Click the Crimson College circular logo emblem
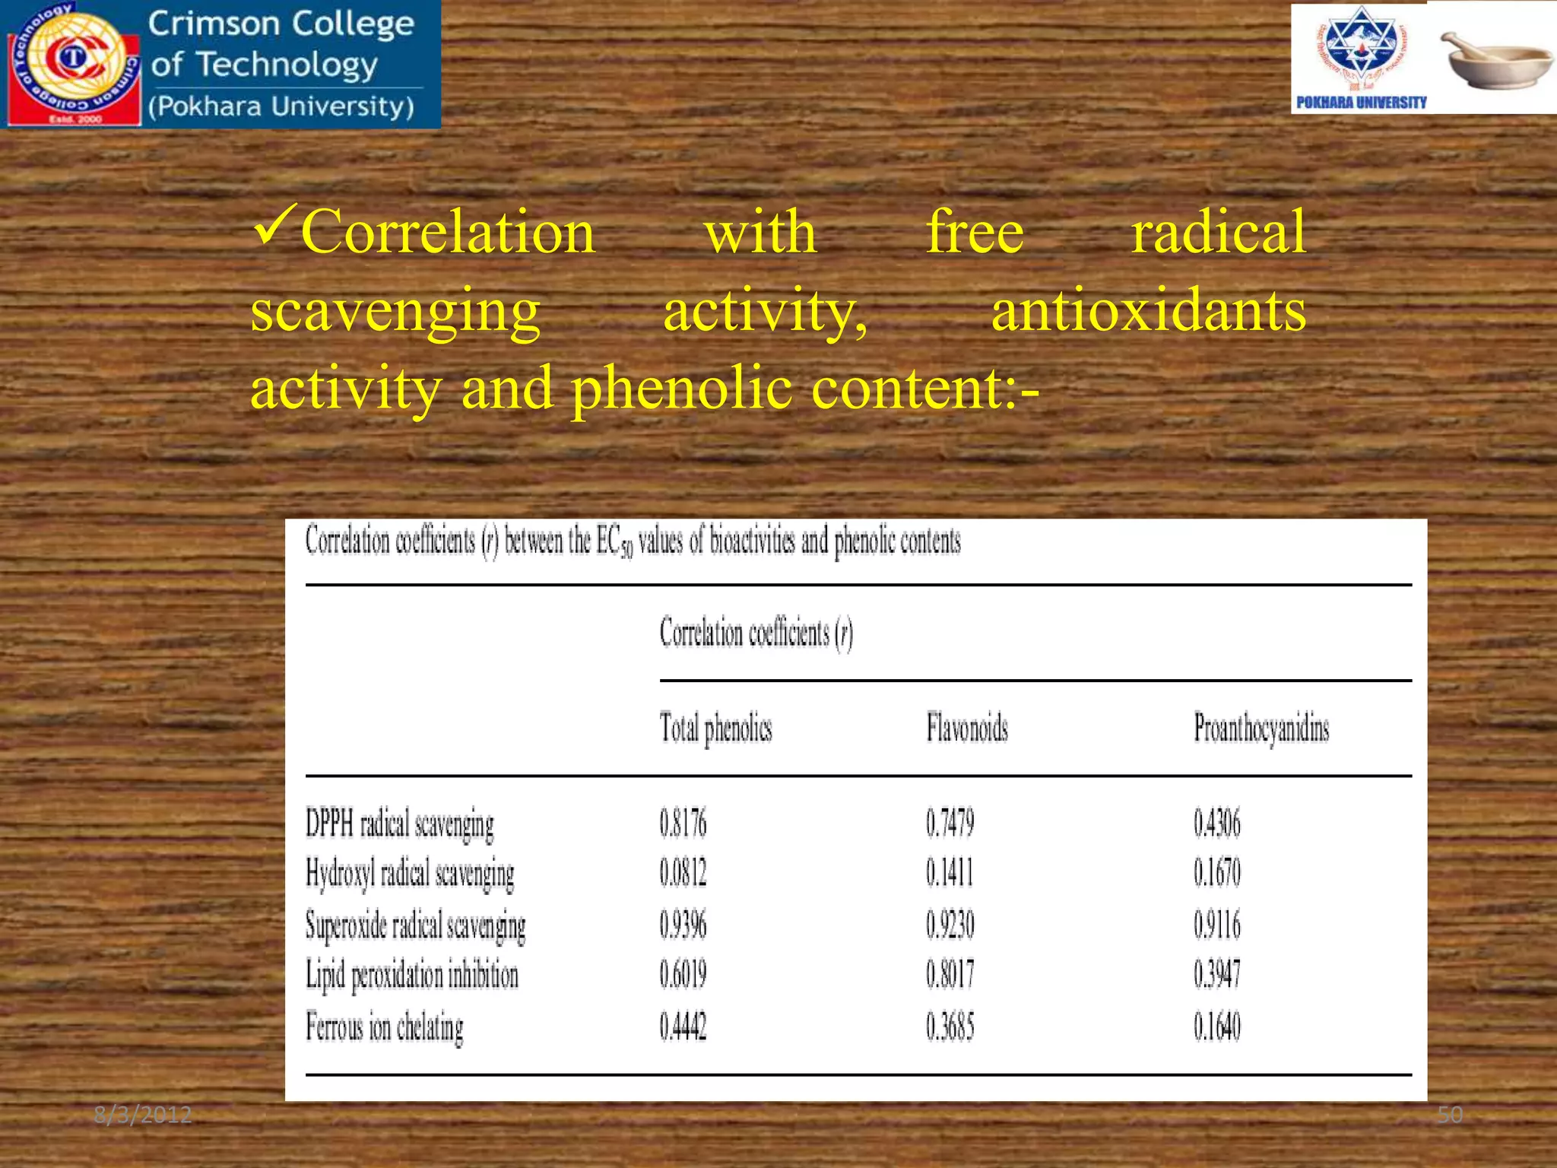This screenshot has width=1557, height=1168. click(74, 62)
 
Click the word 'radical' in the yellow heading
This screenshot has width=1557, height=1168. click(1218, 232)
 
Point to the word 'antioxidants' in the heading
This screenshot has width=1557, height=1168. click(1148, 311)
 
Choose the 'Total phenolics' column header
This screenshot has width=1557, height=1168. click(715, 728)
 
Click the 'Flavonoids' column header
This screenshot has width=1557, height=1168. click(967, 728)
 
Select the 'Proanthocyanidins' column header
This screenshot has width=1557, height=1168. click(1261, 728)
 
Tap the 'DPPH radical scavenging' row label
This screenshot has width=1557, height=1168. click(400, 824)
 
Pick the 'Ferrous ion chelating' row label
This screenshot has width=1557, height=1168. click(385, 1027)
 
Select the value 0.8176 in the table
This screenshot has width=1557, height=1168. click(683, 824)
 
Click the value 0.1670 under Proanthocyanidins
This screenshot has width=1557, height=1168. click(1216, 873)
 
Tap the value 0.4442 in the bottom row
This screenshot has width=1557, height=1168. click(683, 1027)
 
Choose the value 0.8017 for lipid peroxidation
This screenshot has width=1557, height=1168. click(950, 976)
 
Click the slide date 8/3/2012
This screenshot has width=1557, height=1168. click(143, 1116)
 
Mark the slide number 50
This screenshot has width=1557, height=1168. click(1450, 1116)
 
